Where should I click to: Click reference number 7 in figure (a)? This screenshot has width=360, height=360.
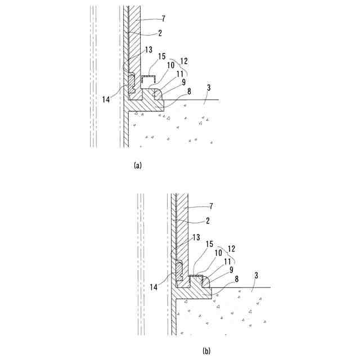(164, 19)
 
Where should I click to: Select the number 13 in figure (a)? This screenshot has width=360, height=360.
(148, 50)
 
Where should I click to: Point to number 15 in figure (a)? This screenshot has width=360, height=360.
(162, 56)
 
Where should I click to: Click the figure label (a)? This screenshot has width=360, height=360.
(138, 165)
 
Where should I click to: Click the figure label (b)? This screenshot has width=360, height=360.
(206, 351)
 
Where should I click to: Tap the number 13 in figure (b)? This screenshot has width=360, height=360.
(196, 238)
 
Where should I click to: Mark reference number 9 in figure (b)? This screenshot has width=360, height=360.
(232, 269)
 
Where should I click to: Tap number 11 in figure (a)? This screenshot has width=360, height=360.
(181, 74)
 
